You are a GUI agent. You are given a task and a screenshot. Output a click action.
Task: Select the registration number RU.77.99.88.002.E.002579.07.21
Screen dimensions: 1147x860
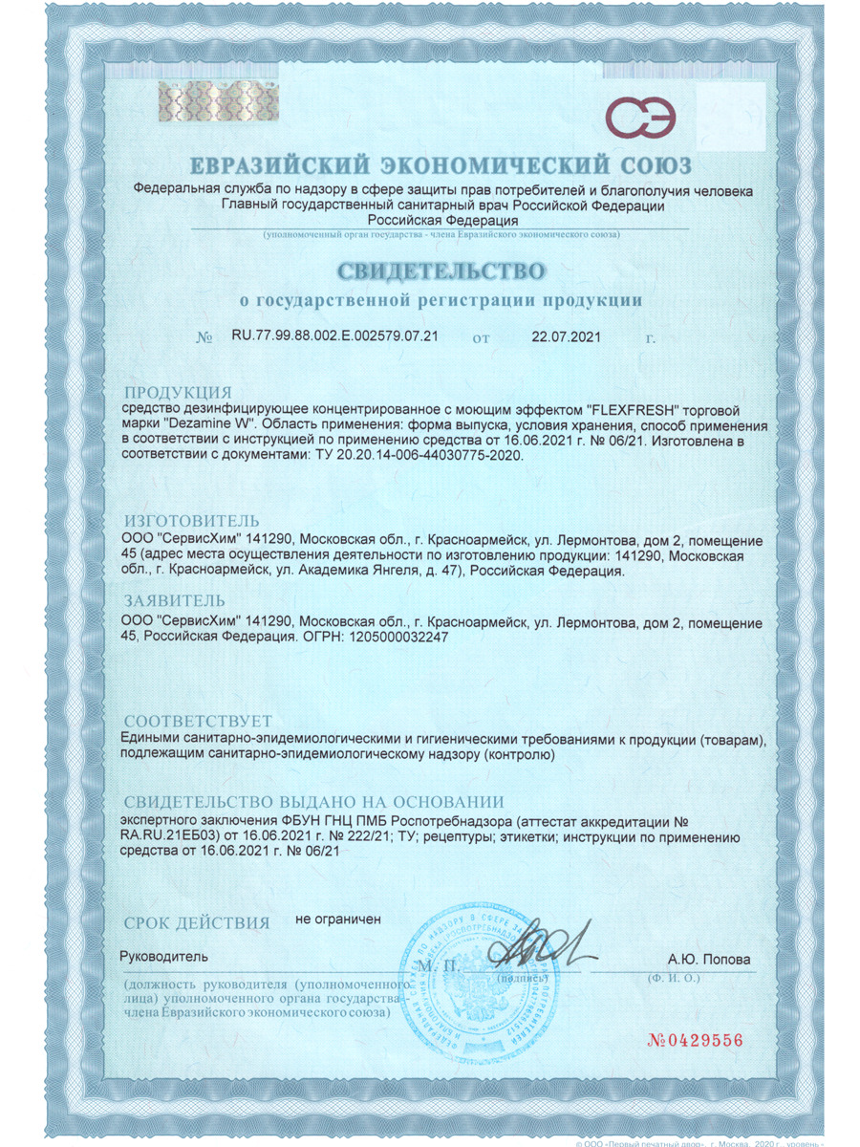click(334, 337)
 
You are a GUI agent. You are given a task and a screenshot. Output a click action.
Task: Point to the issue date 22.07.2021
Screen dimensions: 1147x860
click(566, 337)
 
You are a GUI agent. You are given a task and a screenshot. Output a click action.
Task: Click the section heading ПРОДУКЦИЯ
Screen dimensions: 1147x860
click(179, 392)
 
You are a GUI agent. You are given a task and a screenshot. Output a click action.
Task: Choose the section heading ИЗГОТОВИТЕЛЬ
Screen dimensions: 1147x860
click(192, 521)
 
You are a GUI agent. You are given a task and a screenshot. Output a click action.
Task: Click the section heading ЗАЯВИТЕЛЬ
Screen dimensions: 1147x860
click(175, 601)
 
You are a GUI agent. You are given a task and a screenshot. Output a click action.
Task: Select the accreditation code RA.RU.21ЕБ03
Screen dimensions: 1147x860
click(169, 836)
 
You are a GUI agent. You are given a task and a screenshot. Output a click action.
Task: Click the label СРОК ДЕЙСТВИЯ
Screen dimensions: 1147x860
click(196, 922)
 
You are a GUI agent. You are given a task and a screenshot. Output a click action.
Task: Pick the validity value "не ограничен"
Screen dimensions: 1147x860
click(338, 919)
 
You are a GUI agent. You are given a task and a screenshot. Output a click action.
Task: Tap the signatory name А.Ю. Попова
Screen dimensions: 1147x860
click(709, 960)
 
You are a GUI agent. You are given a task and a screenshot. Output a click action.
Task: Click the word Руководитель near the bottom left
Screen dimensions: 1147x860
click(162, 957)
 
